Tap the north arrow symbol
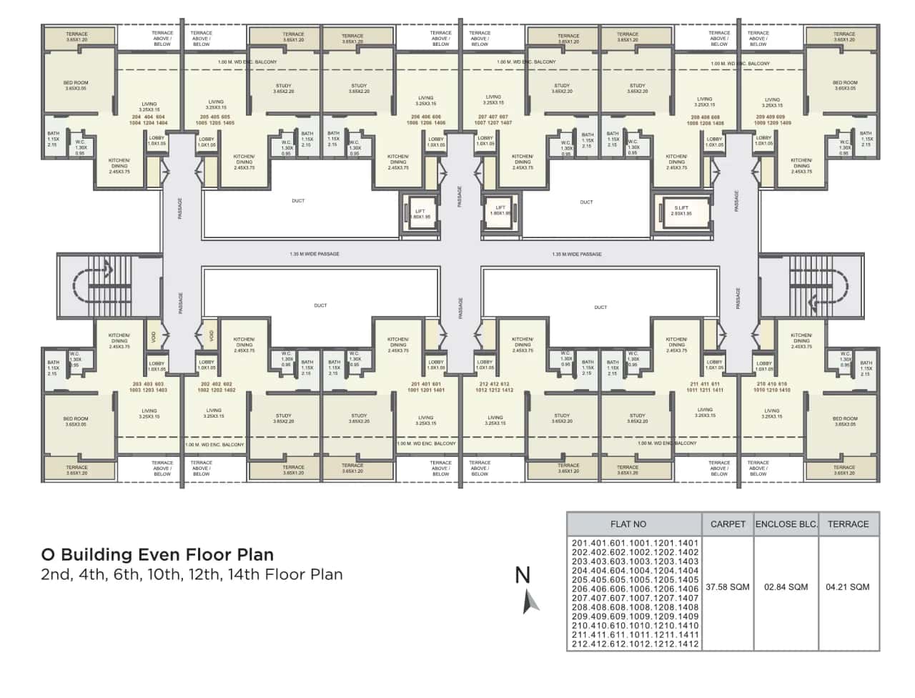[x=530, y=601]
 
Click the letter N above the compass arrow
[x=523, y=575]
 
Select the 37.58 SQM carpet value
[x=728, y=586]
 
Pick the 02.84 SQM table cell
[x=786, y=586]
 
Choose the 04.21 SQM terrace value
[x=848, y=586]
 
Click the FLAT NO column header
[x=628, y=524]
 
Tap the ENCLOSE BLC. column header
[x=786, y=524]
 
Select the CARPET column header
[x=728, y=524]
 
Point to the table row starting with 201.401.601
[x=635, y=543]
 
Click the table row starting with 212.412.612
[x=635, y=644]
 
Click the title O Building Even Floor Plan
[x=157, y=554]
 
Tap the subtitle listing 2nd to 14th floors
[x=192, y=574]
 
